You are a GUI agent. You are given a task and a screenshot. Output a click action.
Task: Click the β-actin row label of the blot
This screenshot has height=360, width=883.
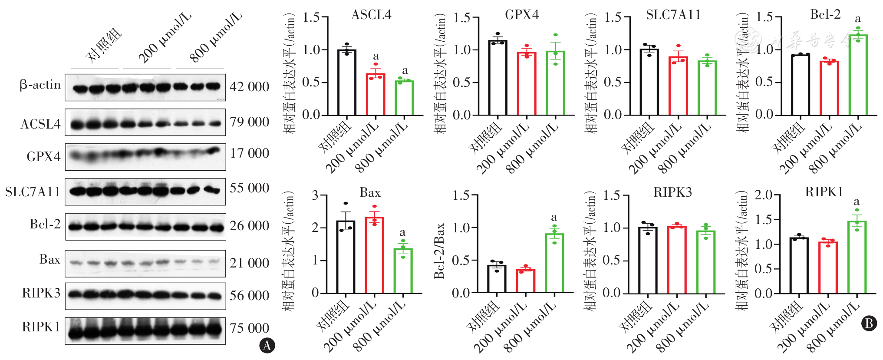[x=40, y=85]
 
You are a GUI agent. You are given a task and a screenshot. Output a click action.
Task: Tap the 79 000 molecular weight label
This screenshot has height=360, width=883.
[x=249, y=122]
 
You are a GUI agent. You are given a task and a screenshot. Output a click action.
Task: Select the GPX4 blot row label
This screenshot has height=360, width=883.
[x=43, y=156]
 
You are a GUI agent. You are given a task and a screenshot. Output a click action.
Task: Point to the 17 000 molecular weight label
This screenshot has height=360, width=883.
[x=249, y=153]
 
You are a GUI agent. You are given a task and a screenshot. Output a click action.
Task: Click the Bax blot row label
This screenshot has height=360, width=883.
[x=49, y=260]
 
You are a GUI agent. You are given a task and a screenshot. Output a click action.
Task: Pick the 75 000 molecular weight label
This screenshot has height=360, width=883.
[x=249, y=328]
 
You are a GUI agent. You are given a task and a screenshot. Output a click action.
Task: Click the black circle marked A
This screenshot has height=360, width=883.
[x=267, y=346]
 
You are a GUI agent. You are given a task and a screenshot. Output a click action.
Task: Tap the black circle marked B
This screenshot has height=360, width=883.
[x=869, y=324]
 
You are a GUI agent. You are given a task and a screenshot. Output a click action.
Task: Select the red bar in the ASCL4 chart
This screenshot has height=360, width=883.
[x=376, y=95]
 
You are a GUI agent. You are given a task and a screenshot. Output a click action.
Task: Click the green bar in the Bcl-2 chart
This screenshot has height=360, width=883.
[x=858, y=75]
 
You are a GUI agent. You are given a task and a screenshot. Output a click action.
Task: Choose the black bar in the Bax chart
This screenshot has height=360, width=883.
[x=346, y=257]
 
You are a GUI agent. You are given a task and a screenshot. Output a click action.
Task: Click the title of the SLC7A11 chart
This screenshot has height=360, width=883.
[x=673, y=15]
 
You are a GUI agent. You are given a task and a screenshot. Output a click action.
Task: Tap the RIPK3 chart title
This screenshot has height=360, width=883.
[x=672, y=192]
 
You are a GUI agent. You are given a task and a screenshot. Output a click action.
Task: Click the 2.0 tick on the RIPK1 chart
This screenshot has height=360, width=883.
[x=763, y=195]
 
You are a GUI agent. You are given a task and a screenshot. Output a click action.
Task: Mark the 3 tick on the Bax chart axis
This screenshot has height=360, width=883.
[x=316, y=195]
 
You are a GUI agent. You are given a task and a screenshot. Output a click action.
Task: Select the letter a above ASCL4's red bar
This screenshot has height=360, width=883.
[x=376, y=56]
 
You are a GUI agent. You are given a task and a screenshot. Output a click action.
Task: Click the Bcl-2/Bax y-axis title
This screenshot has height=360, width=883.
[x=439, y=251]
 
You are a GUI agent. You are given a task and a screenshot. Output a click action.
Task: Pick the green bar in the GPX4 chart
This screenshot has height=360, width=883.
[x=556, y=83]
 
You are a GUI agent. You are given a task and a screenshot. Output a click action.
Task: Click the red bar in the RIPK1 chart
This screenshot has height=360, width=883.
[x=828, y=268]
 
